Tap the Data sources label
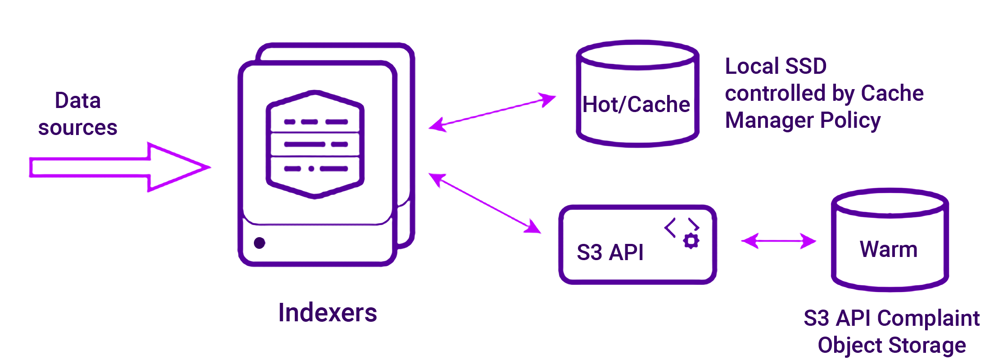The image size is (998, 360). point(77,114)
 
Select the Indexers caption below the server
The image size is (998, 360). point(327,313)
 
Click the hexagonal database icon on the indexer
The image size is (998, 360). point(315,144)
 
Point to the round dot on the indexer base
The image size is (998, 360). point(260,243)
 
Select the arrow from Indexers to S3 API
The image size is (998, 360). point(485,203)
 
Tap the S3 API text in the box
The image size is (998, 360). point(610,252)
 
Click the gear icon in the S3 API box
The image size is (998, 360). point(691,241)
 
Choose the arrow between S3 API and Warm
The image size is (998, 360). point(778,241)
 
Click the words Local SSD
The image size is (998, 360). point(776,66)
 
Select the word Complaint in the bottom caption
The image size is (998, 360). point(928,319)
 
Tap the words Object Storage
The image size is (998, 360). point(892,346)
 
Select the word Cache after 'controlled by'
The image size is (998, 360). point(892,94)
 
